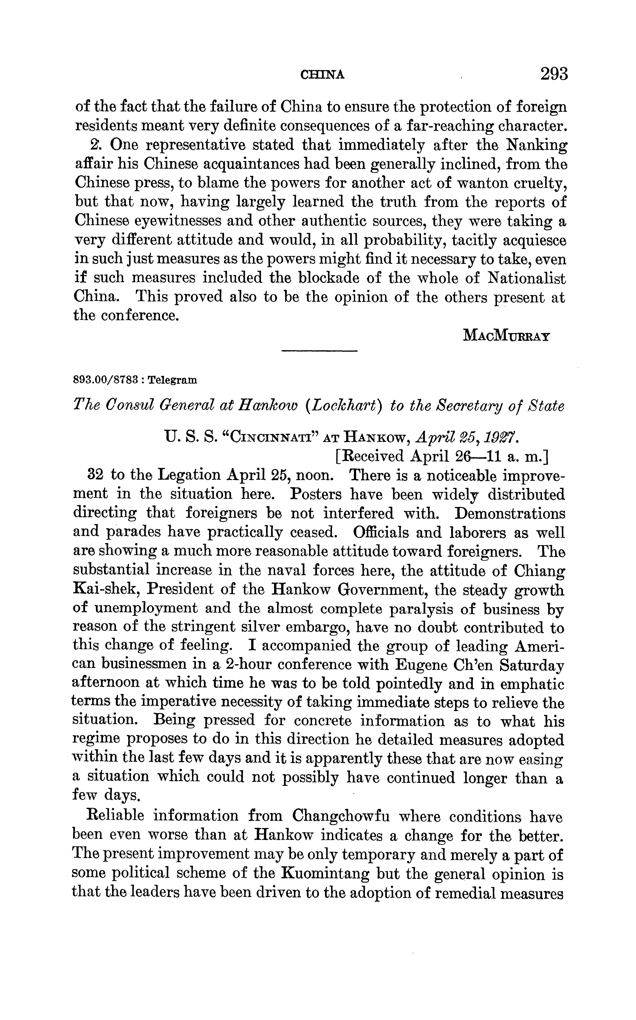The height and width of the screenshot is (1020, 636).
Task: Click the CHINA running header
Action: click(x=323, y=75)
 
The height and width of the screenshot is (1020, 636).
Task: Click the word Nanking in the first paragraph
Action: click(x=536, y=145)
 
